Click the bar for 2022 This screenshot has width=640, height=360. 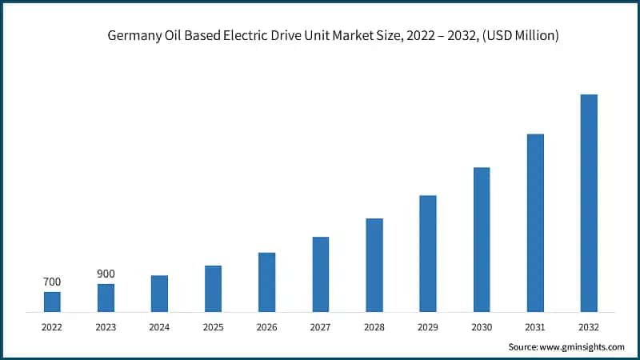pos(52,302)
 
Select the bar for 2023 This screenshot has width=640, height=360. pos(106,298)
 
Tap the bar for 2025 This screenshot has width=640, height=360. pos(213,288)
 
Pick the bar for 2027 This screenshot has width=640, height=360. pos(321,274)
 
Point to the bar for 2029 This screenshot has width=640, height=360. pos(428,253)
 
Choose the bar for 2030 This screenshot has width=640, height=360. pos(482,239)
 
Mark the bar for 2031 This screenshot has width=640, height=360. pos(535,222)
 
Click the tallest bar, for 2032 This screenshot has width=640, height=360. pos(589,202)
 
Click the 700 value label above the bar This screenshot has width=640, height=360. pos(52,282)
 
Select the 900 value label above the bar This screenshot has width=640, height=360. pos(106,274)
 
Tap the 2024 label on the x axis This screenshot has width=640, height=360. pos(159,327)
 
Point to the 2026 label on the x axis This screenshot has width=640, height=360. pos(266,327)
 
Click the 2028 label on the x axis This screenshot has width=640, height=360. pos(374,327)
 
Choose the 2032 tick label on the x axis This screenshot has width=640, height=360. pos(589,327)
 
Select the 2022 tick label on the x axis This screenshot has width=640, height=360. pos(52,327)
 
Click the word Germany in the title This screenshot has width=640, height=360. pos(132,35)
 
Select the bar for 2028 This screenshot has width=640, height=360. pos(374,265)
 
